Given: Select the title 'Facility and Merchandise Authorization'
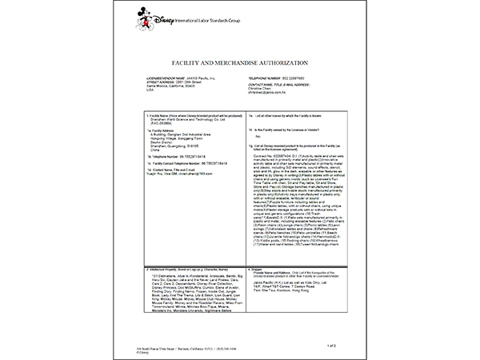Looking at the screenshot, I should click(240, 62).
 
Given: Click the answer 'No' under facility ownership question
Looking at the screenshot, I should click(259, 136).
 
